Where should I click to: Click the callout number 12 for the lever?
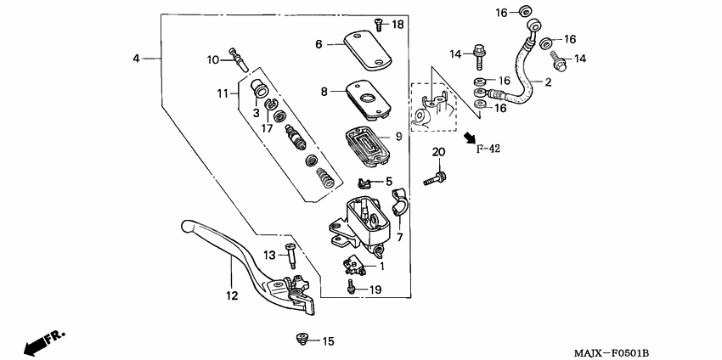pyautogui.click(x=230, y=296)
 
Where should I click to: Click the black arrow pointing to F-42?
pyautogui.click(x=470, y=136)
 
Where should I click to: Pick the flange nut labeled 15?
pyautogui.click(x=302, y=340)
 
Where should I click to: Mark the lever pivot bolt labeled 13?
pyautogui.click(x=291, y=255)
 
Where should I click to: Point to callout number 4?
pyautogui.click(x=136, y=59)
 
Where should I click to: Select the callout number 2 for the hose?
pyautogui.click(x=548, y=82)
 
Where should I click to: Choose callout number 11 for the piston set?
pyautogui.click(x=223, y=93)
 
